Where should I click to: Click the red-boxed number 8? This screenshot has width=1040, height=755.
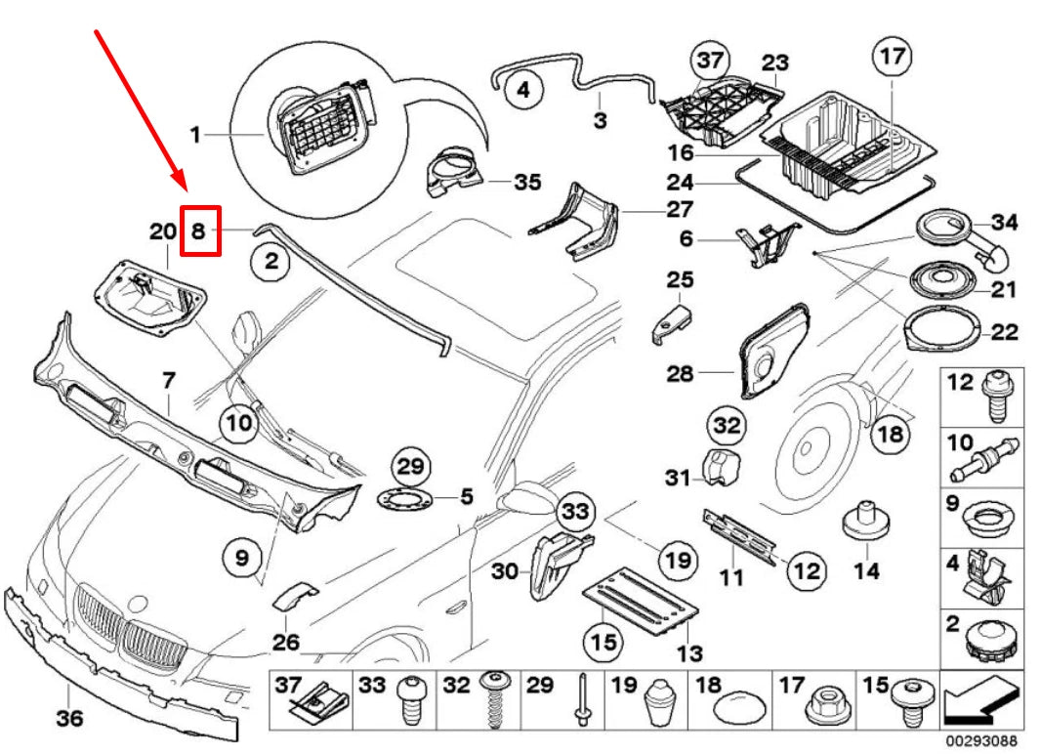[198, 231]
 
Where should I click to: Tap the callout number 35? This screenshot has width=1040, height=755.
[526, 182]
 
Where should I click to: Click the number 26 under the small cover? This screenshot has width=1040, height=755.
[285, 643]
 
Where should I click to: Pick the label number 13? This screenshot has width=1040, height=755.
[689, 653]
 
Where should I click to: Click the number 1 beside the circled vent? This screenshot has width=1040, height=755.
[195, 135]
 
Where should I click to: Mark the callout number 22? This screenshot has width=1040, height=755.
[1004, 332]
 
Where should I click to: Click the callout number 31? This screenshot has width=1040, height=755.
[679, 478]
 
